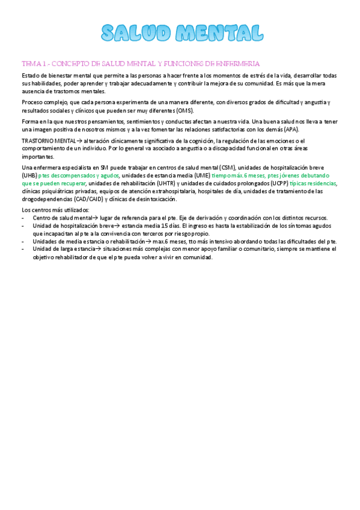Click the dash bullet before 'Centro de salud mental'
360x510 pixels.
coord(23,217)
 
